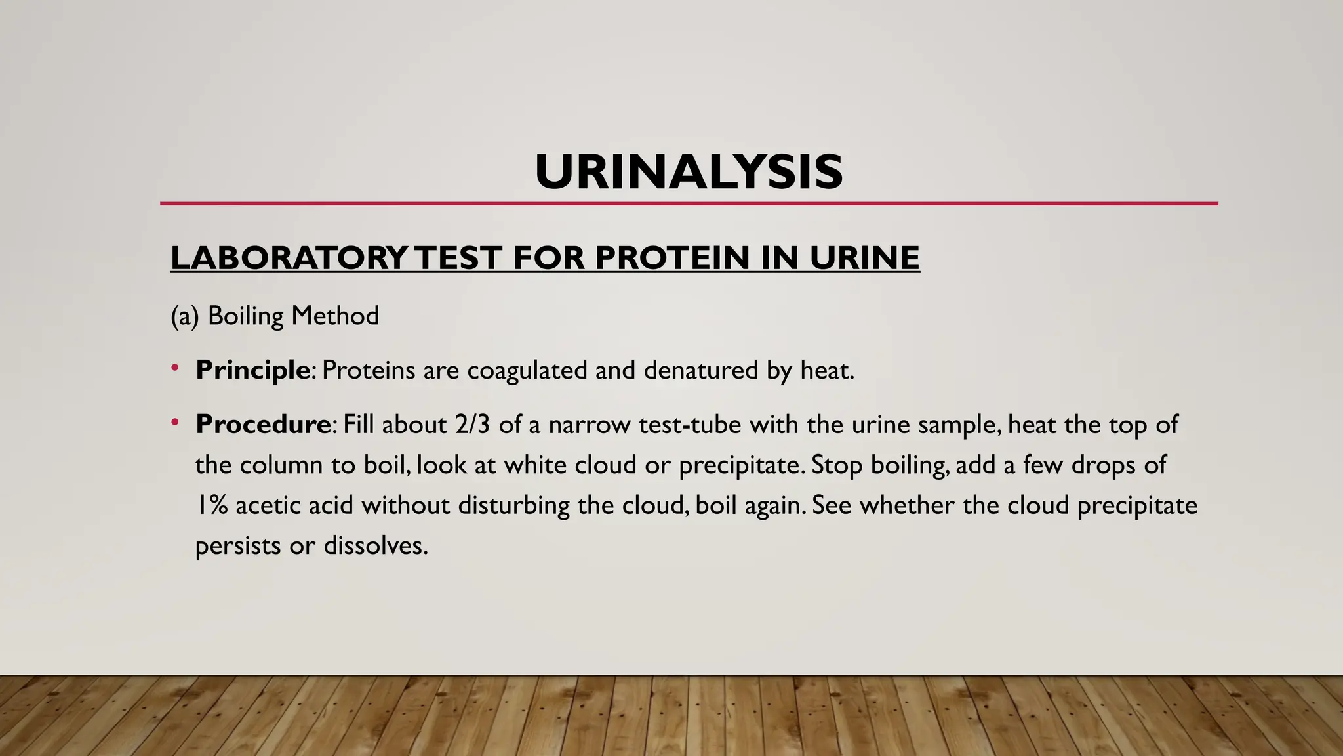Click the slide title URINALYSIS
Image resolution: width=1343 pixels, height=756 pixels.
click(x=689, y=172)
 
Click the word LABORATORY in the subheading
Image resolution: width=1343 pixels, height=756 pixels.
click(x=289, y=257)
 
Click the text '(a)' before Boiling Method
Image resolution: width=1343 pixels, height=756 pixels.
click(x=184, y=316)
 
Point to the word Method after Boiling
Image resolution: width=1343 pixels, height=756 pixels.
click(x=335, y=316)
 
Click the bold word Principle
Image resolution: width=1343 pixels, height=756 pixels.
click(x=252, y=370)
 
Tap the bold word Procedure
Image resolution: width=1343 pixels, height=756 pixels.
click(x=262, y=425)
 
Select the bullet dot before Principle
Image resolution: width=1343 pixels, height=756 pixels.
click(x=174, y=368)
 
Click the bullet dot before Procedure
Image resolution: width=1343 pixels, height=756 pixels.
click(x=174, y=423)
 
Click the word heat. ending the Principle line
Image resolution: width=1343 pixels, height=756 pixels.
click(x=827, y=370)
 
